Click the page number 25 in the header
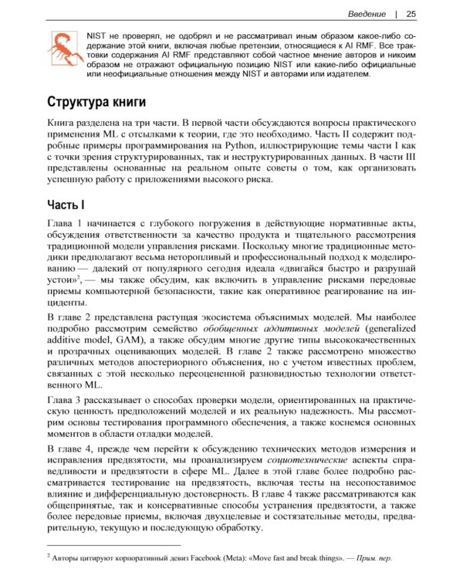(x=411, y=13)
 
